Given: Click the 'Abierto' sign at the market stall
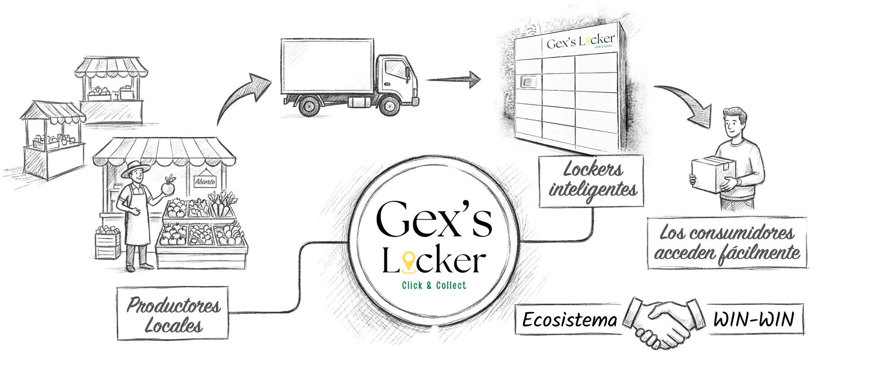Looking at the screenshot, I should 205,181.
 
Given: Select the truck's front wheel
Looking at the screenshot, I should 389,106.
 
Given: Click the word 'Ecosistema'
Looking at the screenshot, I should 569,320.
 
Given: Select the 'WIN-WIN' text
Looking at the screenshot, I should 754,319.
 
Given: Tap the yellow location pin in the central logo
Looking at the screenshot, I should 409,262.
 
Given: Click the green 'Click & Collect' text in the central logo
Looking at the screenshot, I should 434,285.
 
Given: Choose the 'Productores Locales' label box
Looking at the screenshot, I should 173,313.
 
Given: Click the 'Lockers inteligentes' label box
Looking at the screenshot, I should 592,181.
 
